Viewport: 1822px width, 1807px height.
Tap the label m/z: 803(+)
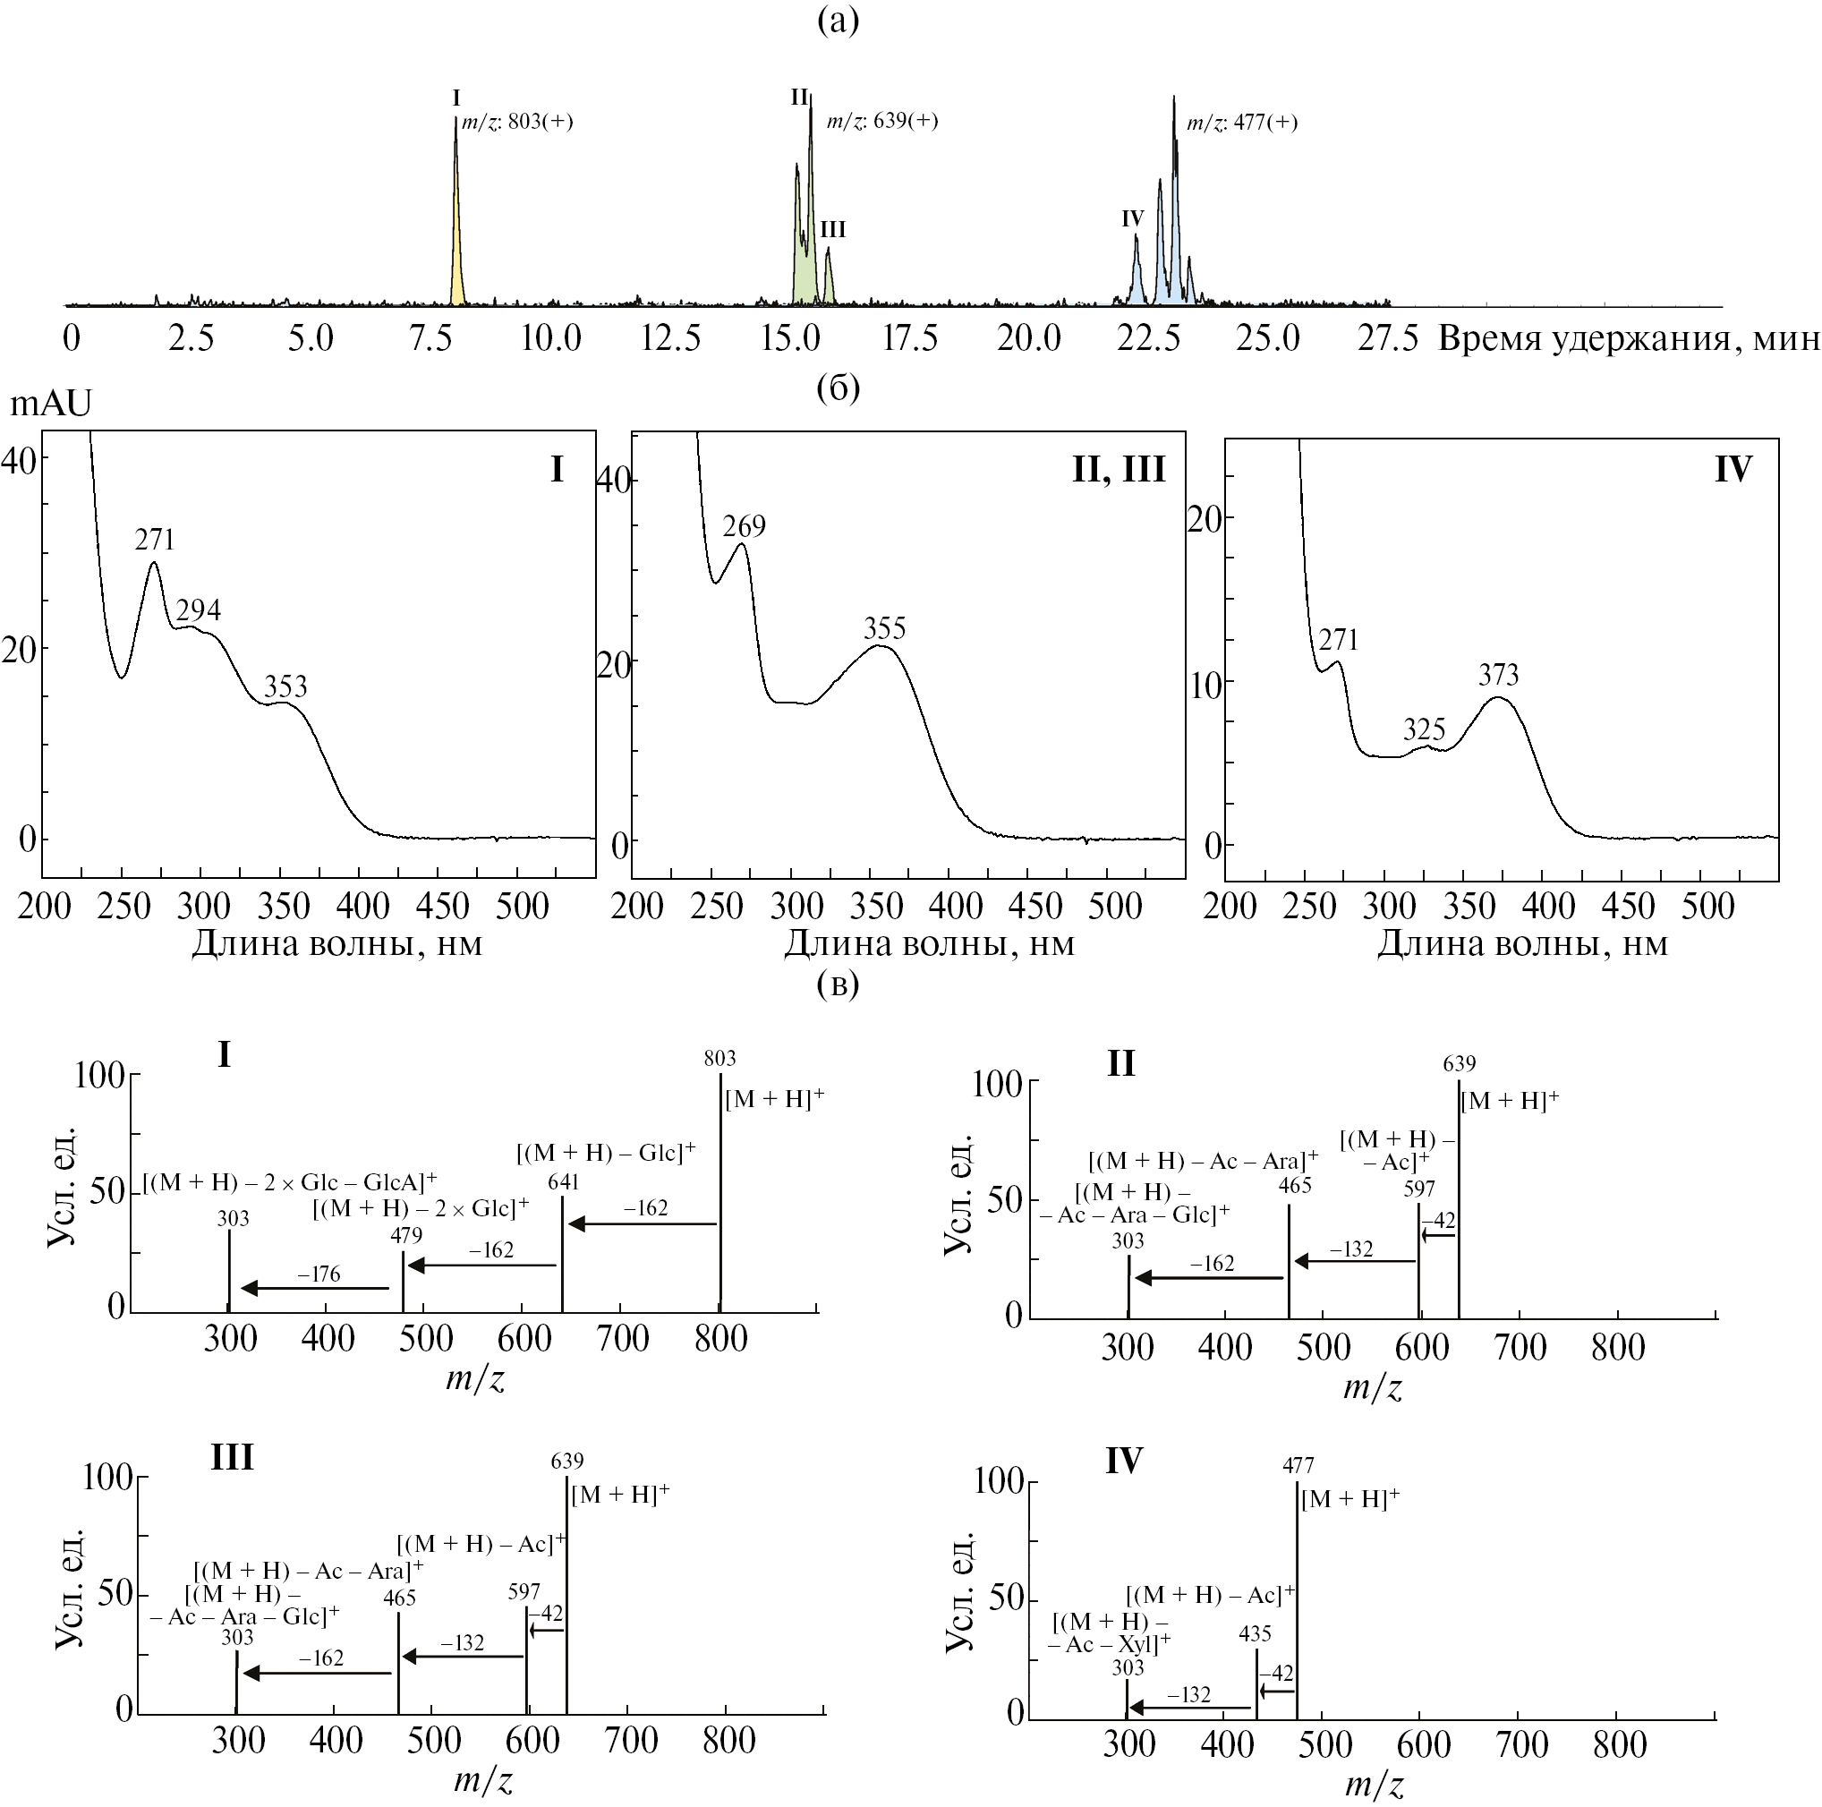pos(516,122)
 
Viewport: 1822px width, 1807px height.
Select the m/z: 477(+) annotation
pos(1241,123)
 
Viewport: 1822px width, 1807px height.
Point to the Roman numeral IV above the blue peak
pos(1132,218)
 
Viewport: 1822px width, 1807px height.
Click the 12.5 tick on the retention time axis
pos(670,337)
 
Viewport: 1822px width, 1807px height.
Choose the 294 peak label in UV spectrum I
pos(198,610)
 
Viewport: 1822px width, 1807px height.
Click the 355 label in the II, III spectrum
pos(884,628)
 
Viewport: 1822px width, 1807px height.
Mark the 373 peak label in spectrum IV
pos(1499,674)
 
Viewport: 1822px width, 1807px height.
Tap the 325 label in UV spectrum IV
pos(1423,729)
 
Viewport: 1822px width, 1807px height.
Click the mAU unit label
pos(51,404)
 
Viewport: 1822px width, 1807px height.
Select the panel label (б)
pos(838,388)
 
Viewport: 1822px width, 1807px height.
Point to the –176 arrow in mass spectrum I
pos(316,1287)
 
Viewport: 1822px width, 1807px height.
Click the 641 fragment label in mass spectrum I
pos(563,1181)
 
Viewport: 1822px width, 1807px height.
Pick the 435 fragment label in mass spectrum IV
pos(1256,1632)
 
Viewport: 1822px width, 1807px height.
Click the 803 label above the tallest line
pos(719,1058)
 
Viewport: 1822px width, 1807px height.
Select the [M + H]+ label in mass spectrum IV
pos(1349,1498)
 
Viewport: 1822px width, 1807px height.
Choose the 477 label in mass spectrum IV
pos(1298,1466)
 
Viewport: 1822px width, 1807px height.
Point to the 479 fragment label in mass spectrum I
pos(406,1234)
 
